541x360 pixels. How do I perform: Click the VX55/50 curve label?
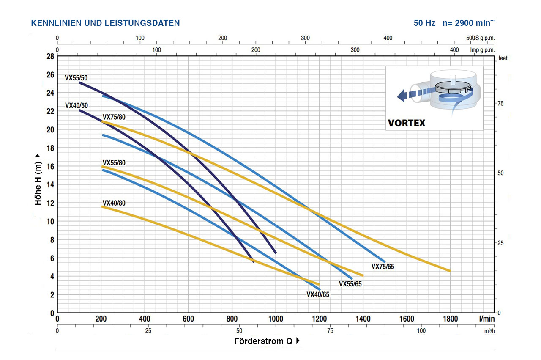coord(76,78)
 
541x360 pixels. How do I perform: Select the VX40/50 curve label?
coord(76,105)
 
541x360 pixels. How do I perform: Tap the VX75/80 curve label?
coord(114,117)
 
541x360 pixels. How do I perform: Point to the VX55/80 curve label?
coord(114,163)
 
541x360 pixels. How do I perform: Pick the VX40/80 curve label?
coord(114,203)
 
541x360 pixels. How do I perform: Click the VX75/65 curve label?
coord(383,267)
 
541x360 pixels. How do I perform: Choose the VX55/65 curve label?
coord(350,284)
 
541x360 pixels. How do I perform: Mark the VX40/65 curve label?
coord(318,295)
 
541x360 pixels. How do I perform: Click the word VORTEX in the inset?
coord(407,124)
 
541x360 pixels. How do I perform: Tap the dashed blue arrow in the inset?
coord(410,94)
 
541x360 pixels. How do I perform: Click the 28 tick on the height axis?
coord(50,57)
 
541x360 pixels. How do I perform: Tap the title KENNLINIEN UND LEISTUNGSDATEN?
coord(105,23)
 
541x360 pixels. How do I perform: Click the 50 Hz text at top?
coord(424,23)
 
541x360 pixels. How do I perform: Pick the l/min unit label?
coord(487,319)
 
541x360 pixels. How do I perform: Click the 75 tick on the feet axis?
coord(500,104)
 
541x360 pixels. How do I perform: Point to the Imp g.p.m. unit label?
coord(482,49)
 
